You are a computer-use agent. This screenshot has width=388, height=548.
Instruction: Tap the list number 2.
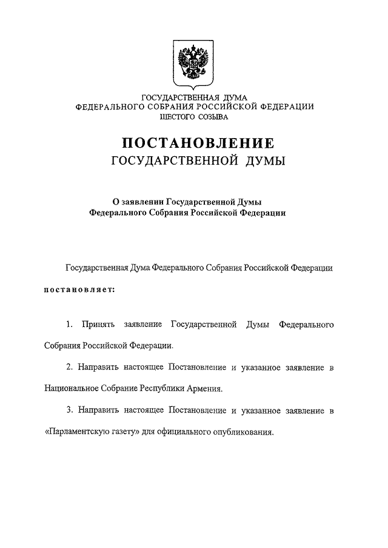[70, 368]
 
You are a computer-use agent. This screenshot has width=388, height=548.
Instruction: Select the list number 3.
[70, 410]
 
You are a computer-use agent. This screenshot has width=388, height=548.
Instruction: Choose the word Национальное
[72, 388]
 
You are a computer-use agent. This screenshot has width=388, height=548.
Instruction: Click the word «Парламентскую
[78, 433]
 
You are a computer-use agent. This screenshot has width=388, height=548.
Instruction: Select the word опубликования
[244, 433]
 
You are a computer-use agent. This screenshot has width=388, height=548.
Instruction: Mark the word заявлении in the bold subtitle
[135, 203]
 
